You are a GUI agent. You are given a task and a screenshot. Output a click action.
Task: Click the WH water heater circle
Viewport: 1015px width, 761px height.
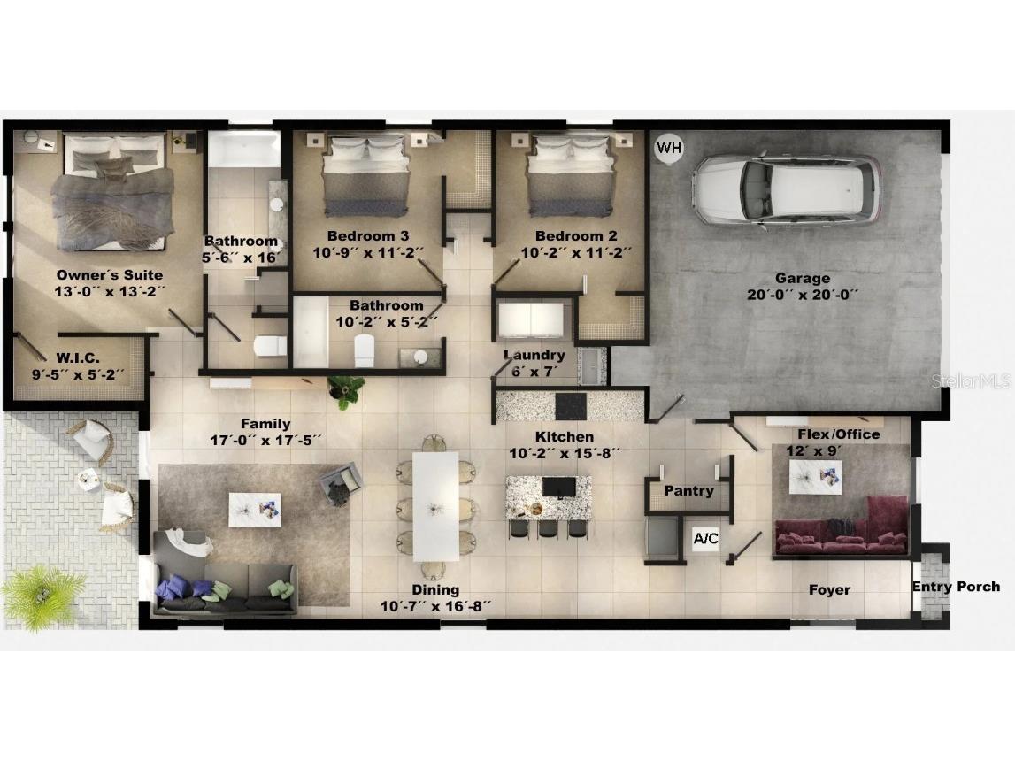click(x=669, y=147)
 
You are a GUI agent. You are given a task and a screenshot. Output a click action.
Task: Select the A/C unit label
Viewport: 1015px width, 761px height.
click(x=705, y=538)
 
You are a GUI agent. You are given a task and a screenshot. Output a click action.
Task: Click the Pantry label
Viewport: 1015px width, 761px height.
click(x=688, y=490)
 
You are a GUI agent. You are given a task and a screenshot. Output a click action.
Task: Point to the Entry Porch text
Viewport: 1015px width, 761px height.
click(x=957, y=586)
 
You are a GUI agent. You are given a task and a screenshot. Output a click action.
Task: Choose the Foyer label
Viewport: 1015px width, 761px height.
click(x=829, y=589)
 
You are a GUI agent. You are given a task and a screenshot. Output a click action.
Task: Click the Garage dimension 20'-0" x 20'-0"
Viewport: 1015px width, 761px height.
click(x=803, y=295)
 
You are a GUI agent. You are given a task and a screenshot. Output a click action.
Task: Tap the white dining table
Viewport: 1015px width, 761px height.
click(x=435, y=505)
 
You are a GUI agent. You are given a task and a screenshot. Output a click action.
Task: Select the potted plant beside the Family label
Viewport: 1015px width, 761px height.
click(x=345, y=389)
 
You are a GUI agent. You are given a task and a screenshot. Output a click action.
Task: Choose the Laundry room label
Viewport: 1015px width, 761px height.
click(x=534, y=355)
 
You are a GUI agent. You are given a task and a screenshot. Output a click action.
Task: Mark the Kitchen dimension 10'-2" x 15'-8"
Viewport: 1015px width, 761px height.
click(x=565, y=453)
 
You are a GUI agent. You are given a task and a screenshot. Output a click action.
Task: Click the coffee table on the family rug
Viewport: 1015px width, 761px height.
click(x=255, y=509)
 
